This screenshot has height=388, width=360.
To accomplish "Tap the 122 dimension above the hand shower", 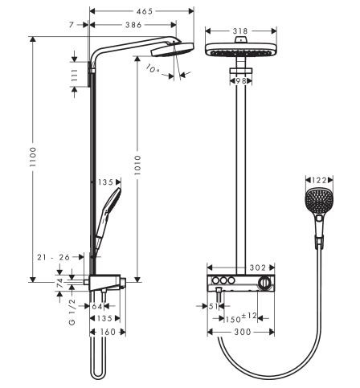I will (x=320, y=181).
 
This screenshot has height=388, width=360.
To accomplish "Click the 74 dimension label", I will (x=60, y=284).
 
